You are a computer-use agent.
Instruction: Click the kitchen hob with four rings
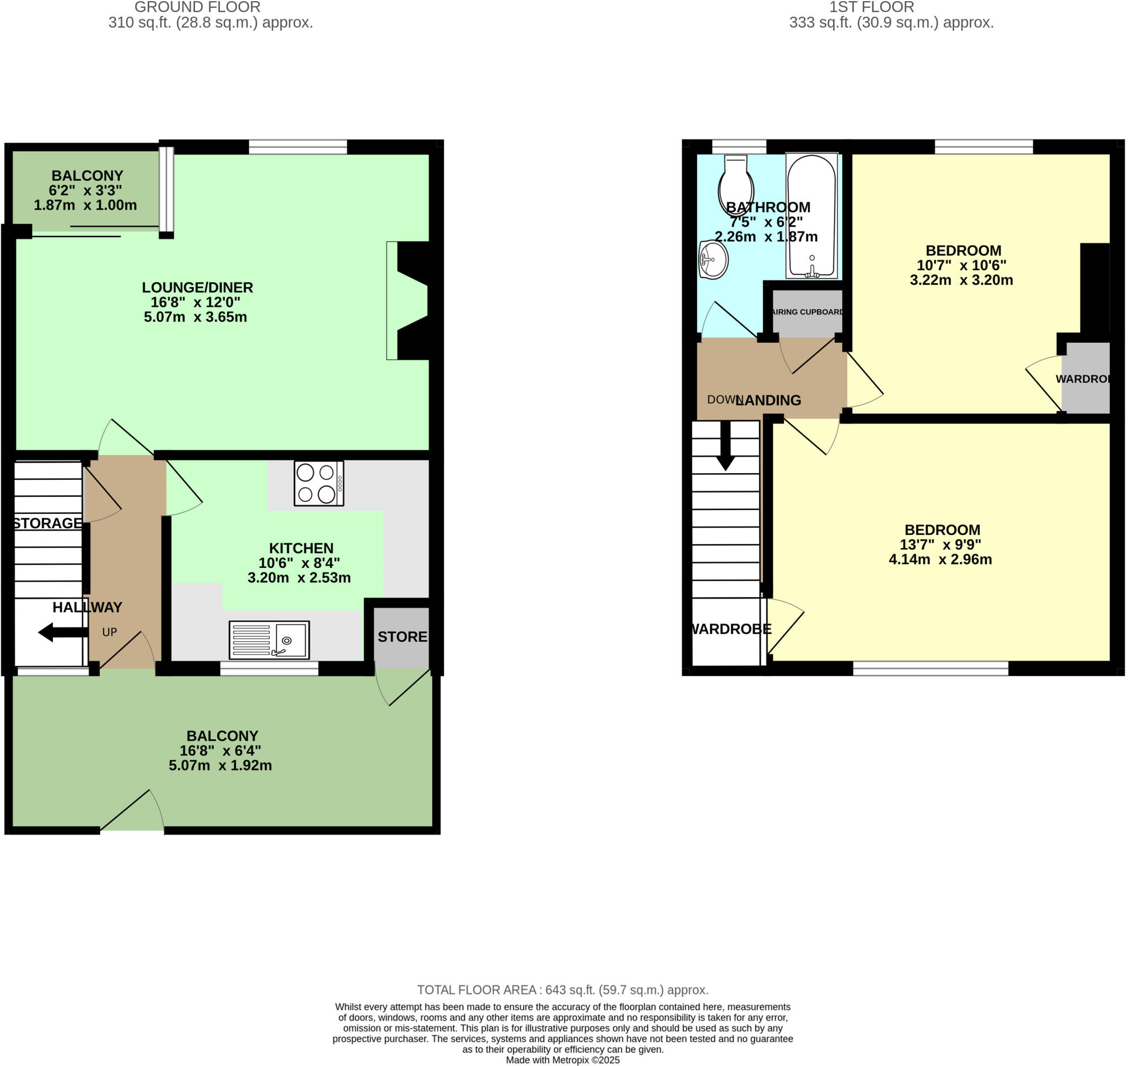319,484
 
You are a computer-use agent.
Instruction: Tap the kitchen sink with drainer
269,640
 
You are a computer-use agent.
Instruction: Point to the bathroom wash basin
713,259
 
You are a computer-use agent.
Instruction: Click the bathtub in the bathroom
812,216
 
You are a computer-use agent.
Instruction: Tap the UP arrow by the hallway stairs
62,632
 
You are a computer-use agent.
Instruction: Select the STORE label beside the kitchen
402,637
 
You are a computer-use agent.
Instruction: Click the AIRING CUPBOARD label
807,312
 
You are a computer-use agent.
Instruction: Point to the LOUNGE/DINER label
197,288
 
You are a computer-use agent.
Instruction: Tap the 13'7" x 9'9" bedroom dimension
941,544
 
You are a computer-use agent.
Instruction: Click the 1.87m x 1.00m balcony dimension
85,205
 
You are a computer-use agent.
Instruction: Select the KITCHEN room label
301,548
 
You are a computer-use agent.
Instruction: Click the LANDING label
768,401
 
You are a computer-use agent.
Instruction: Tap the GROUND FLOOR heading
197,7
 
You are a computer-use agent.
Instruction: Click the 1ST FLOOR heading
871,7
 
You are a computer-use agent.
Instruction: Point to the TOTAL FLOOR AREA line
562,990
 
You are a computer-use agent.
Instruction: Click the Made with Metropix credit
562,1060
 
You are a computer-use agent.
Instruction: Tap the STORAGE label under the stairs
48,523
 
